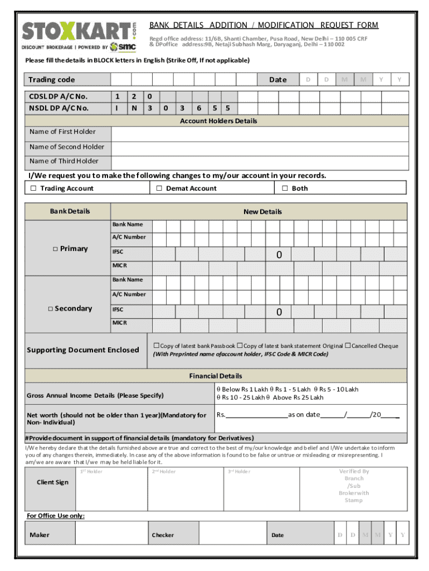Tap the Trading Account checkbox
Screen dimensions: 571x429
click(33, 188)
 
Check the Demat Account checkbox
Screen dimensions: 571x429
click(159, 188)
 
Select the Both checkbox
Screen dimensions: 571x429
click(285, 188)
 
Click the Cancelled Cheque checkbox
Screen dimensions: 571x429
click(348, 346)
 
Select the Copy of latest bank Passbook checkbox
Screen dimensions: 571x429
click(156, 346)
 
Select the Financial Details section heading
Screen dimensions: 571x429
click(215, 376)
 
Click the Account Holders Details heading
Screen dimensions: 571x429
click(218, 121)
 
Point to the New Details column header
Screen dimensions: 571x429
click(262, 212)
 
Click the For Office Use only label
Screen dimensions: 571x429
click(56, 516)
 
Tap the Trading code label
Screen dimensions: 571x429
click(52, 80)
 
